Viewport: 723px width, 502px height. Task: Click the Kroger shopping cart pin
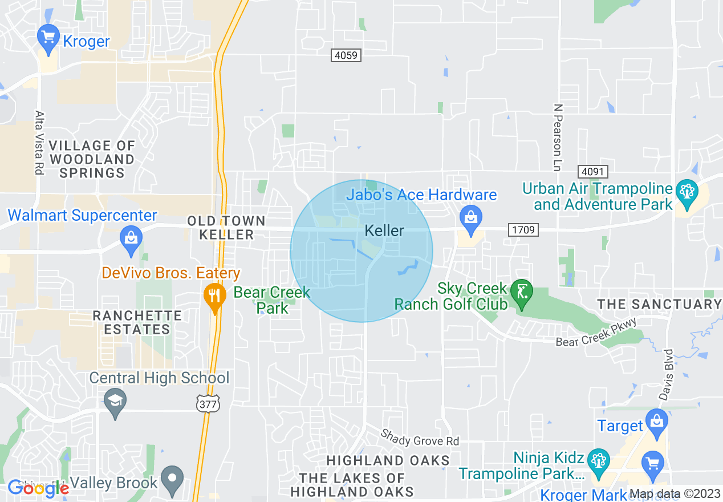tap(48, 38)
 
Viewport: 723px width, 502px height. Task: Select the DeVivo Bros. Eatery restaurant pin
tap(214, 295)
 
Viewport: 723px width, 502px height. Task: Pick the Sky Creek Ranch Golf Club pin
tap(521, 292)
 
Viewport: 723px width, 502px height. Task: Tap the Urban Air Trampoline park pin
tap(687, 193)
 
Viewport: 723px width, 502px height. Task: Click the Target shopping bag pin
tap(657, 422)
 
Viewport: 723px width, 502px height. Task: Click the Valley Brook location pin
tap(172, 478)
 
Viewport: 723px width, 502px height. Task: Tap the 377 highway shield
tap(206, 403)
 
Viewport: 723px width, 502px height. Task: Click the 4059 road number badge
tap(346, 55)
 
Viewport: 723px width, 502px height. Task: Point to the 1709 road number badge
tap(523, 230)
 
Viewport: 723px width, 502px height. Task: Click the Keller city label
tap(384, 231)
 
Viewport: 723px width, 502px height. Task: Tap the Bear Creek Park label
tap(272, 300)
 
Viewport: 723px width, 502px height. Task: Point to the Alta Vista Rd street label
tap(39, 143)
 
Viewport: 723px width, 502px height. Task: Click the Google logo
tap(39, 488)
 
